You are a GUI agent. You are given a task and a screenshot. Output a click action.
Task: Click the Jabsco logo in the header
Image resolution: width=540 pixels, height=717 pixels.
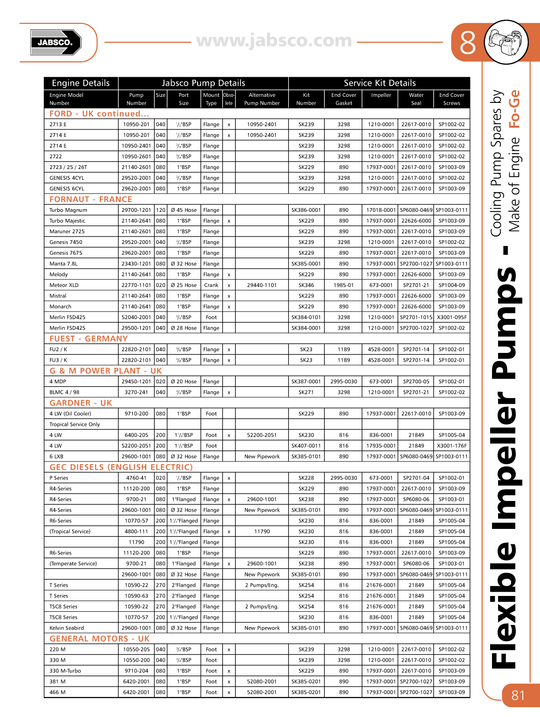55,42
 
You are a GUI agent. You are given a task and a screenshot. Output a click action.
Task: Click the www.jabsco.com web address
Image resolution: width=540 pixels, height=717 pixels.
274,41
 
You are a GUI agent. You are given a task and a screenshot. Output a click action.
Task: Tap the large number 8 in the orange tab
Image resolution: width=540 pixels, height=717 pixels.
467,43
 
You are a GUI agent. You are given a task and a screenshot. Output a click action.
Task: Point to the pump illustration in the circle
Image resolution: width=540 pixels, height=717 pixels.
506,42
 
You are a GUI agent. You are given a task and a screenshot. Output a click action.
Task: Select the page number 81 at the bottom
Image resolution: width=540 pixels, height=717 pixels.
518,695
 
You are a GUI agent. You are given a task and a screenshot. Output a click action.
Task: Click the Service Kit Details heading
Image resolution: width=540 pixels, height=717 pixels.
379,83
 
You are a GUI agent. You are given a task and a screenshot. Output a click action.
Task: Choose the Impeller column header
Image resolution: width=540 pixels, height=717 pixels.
381,95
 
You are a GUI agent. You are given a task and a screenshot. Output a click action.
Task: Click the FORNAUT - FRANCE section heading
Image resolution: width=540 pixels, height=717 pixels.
91,199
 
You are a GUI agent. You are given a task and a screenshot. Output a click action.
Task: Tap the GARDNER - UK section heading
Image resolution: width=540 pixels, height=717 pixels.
81,403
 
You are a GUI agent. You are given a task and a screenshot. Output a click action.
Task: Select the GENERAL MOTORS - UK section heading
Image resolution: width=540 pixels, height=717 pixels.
99,639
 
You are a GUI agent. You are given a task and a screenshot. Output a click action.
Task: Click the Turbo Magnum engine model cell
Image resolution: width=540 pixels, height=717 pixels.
68,210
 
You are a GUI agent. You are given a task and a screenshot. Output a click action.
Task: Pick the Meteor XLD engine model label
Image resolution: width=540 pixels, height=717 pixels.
64,285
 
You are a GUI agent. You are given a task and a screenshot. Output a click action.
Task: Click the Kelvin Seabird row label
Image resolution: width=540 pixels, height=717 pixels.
67,628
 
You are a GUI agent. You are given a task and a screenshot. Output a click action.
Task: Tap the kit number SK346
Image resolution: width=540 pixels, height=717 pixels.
306,285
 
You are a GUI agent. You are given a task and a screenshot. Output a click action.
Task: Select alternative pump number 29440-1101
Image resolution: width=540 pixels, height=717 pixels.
262,285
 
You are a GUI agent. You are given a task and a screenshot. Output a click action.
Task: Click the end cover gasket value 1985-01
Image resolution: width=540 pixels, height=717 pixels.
344,285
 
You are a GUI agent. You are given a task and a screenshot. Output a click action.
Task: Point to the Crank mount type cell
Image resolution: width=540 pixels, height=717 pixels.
211,285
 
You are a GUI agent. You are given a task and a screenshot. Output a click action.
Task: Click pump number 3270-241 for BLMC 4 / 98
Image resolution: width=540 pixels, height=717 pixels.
137,392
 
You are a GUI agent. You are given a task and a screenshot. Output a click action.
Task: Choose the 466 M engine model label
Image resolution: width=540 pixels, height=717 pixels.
57,692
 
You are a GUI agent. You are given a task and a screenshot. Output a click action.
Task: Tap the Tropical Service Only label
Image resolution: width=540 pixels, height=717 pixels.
75,424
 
